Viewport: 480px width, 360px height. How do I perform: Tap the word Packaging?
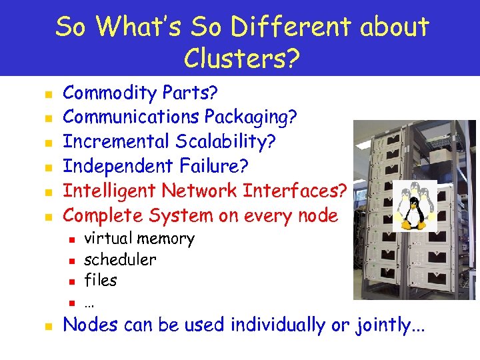(x=251, y=117)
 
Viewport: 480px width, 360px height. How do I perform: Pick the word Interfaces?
(x=295, y=191)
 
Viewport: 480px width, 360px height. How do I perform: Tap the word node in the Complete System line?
(x=317, y=216)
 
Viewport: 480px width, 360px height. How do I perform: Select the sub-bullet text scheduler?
(x=120, y=259)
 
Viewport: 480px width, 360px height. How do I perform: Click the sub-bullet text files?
(x=100, y=281)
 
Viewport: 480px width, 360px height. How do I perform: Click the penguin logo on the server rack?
(x=413, y=206)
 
